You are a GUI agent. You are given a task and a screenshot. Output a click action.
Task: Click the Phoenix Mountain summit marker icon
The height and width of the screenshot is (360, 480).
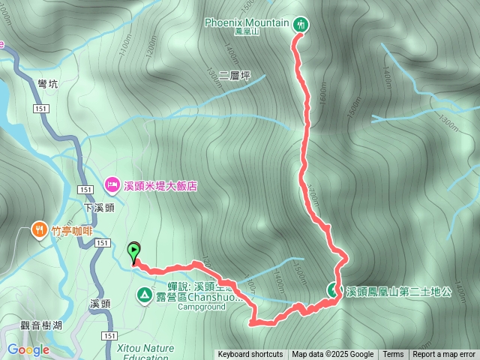tap(301, 24)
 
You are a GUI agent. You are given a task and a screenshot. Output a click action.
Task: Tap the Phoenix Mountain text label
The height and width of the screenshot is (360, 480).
tap(247, 22)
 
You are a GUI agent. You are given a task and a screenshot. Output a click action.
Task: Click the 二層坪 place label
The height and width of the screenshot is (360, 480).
tap(235, 76)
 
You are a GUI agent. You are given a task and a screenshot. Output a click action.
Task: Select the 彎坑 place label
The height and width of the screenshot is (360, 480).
tap(46, 85)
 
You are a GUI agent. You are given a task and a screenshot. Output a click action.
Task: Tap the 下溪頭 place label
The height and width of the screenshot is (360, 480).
tap(97, 208)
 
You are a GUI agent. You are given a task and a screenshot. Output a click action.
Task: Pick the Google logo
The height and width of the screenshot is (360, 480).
tap(28, 349)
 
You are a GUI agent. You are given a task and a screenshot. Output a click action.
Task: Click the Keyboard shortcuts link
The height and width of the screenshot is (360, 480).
tap(250, 355)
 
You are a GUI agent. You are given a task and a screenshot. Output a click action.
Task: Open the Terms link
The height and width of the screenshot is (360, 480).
tap(393, 355)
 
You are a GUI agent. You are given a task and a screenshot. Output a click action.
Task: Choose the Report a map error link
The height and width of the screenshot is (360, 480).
tap(444, 355)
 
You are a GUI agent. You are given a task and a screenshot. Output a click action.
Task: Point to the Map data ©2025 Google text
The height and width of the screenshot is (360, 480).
tap(333, 355)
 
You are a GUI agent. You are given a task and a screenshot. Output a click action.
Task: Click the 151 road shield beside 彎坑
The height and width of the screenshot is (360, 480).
tap(41, 109)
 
